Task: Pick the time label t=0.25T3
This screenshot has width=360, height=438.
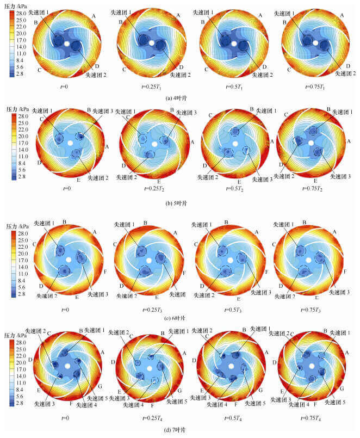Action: coord(147,309)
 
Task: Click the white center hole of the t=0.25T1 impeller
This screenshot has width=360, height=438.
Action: coord(150,42)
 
